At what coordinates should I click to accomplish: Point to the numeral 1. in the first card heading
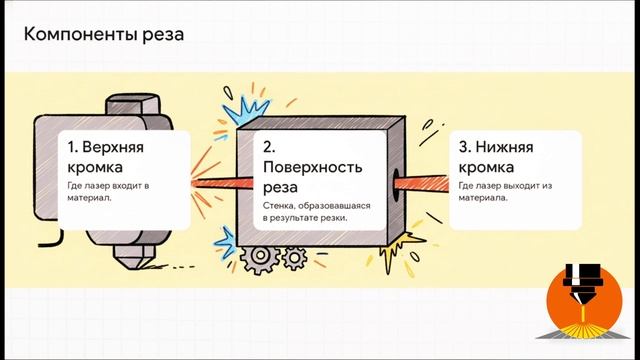pyautogui.click(x=75, y=146)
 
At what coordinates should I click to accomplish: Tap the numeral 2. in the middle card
pyautogui.click(x=270, y=146)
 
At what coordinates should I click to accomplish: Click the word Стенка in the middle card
pyautogui.click(x=279, y=205)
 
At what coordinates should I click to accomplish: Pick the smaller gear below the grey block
pyautogui.click(x=294, y=259)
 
